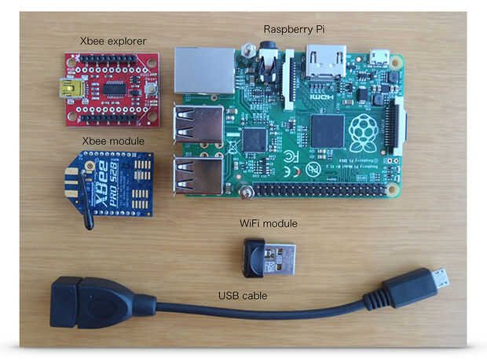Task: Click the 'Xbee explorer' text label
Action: click(x=112, y=40)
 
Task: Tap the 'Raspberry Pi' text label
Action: click(x=294, y=29)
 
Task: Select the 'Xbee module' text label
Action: click(x=113, y=141)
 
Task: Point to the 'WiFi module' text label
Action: click(x=269, y=224)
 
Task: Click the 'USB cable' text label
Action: click(x=243, y=296)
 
